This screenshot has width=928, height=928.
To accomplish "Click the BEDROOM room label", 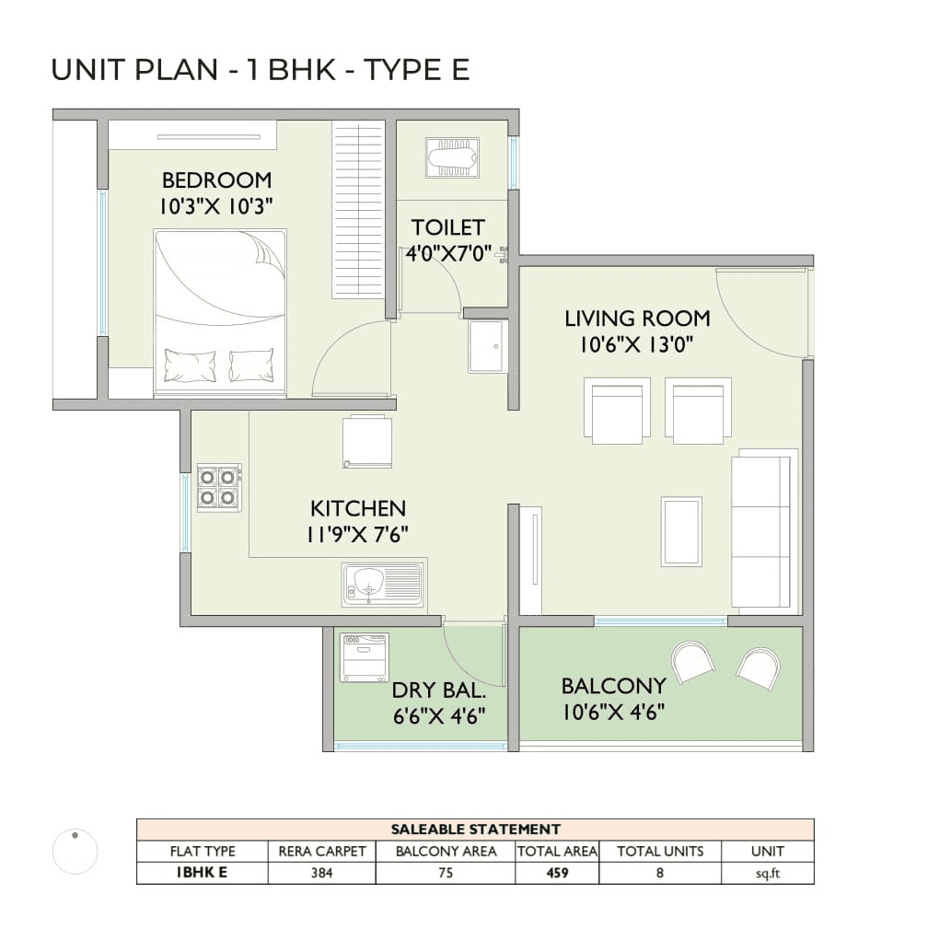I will click(x=216, y=180).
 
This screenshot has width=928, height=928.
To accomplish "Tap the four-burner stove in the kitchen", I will click(x=219, y=487).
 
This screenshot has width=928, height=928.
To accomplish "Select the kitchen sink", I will click(x=382, y=585).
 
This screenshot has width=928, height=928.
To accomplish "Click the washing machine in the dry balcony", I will click(x=364, y=657).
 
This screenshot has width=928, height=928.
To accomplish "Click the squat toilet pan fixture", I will click(x=452, y=157).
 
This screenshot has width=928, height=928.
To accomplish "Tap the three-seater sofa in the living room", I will click(x=763, y=531).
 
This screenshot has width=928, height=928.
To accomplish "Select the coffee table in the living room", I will click(x=681, y=531).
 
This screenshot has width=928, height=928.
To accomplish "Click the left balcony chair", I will click(x=692, y=662).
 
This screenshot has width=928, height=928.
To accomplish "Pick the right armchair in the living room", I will click(x=698, y=411).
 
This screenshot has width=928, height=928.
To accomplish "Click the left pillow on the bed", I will click(x=190, y=365).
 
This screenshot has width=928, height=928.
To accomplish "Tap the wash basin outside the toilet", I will click(x=487, y=346).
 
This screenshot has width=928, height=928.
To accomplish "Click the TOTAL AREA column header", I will click(x=557, y=852).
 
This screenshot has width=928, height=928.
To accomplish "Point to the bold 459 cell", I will click(x=557, y=873).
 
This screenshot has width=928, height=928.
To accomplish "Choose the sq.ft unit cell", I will click(x=767, y=873).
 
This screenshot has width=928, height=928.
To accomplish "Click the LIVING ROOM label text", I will click(x=637, y=319).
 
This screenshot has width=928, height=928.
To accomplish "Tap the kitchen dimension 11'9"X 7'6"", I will click(x=358, y=533).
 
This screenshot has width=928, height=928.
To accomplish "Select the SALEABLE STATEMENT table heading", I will click(x=475, y=829).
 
